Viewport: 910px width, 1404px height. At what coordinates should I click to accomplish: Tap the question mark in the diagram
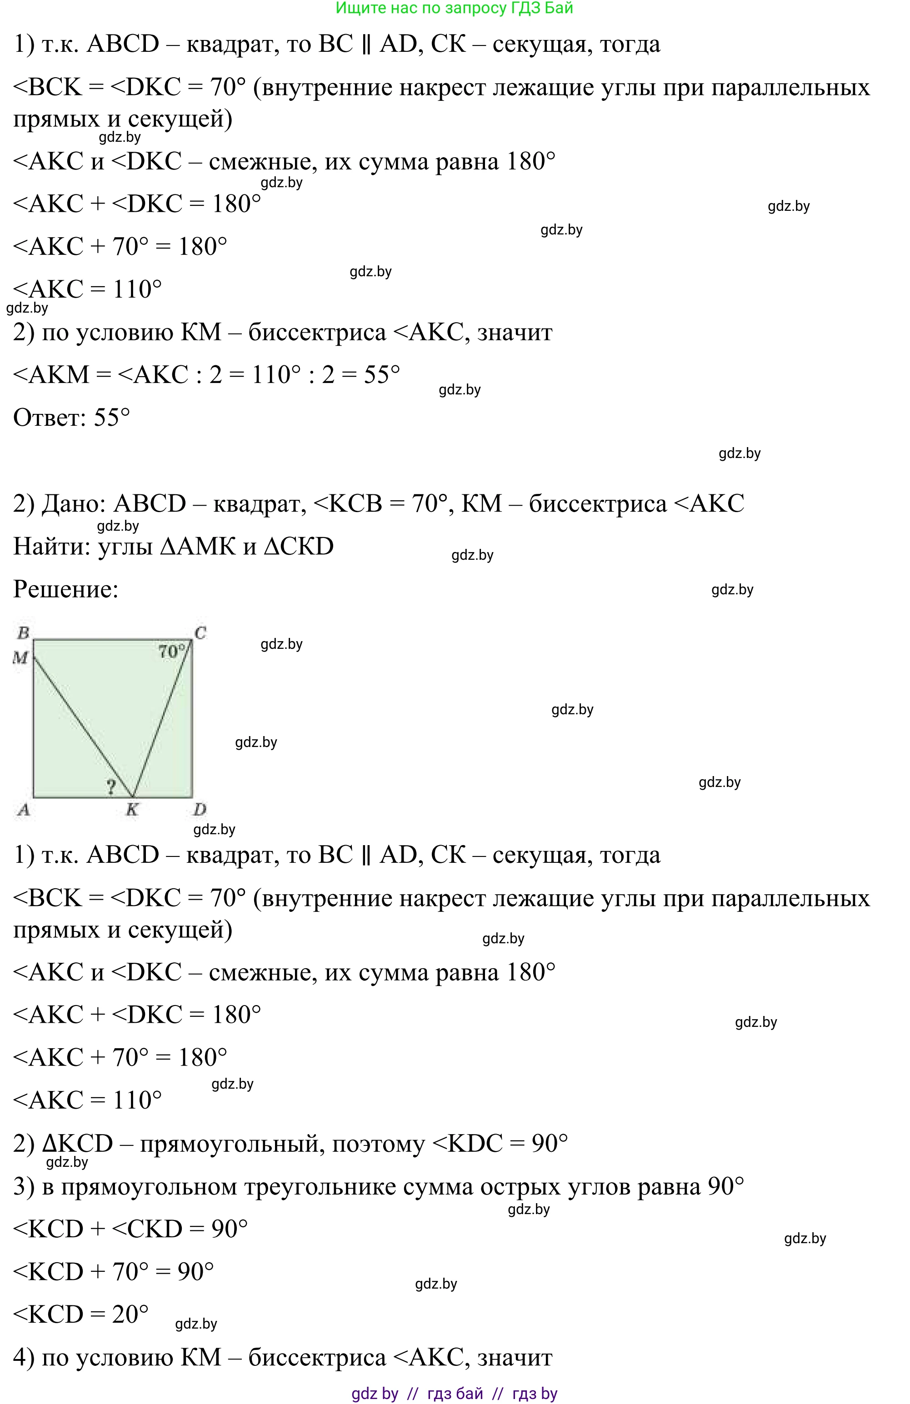pos(111,787)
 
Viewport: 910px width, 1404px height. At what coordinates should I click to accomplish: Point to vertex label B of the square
pos(23,633)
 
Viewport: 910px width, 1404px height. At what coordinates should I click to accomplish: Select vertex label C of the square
pos(200,633)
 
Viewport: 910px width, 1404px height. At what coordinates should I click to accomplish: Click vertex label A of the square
pos(23,809)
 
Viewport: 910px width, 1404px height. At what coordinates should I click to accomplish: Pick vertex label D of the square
pos(200,809)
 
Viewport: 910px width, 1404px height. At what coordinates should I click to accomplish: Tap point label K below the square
pos(132,809)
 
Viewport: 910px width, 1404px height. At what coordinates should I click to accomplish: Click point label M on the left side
pos(20,657)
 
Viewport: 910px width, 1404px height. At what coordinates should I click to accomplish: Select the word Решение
pos(65,589)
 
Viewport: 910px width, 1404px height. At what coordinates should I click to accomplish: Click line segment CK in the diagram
pos(162,720)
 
